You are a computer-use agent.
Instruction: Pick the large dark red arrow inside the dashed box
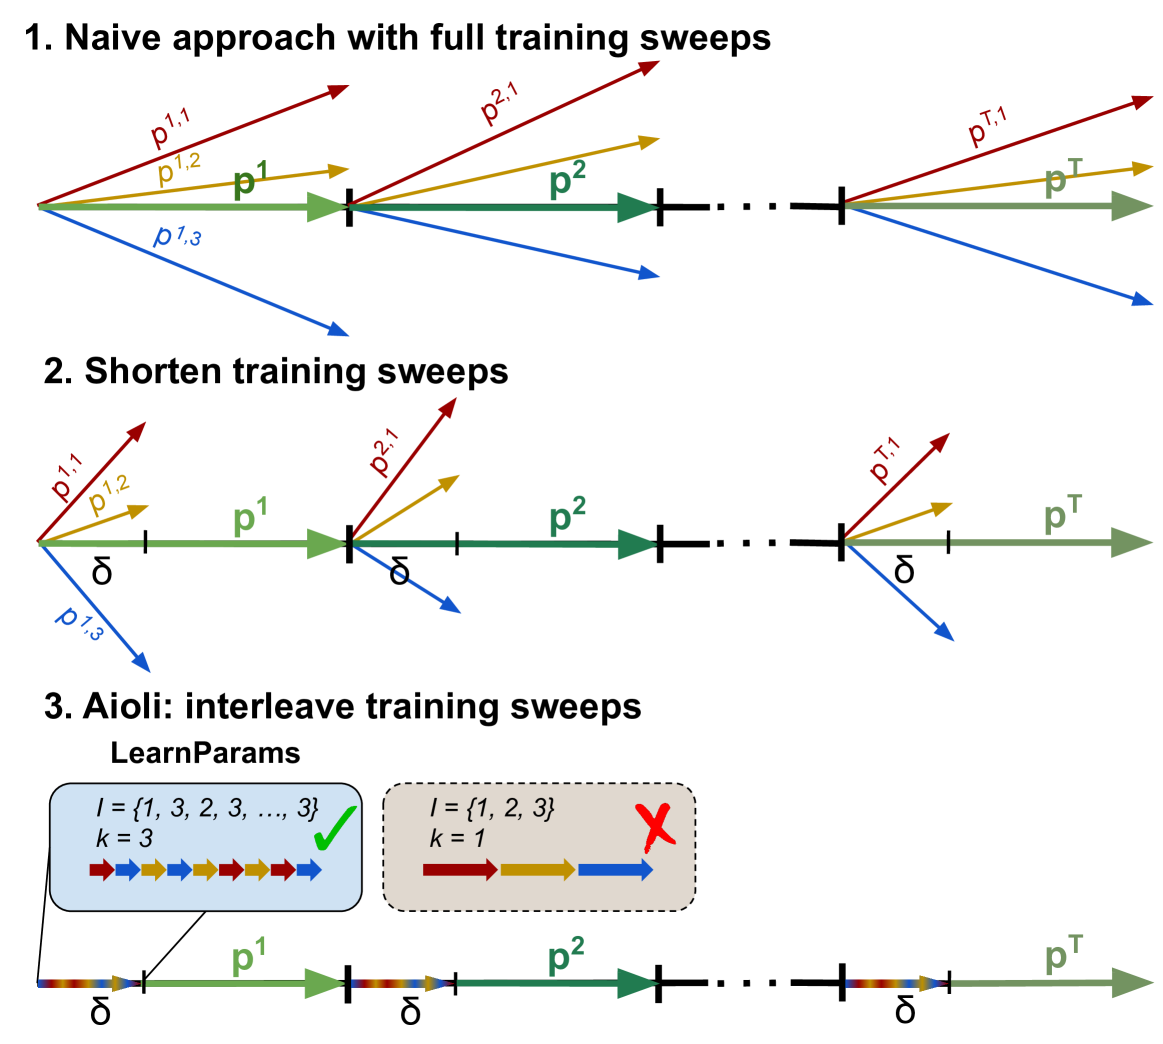460,870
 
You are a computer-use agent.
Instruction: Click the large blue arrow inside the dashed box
615,870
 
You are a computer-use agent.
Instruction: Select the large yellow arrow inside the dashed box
538,870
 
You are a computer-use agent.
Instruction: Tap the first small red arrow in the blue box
102,870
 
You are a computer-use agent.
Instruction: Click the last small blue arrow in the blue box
309,870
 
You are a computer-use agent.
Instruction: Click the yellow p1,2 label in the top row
180,170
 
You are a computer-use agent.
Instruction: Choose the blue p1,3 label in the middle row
78,620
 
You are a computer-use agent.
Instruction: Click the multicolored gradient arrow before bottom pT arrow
895,984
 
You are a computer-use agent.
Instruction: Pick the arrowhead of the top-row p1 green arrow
326,207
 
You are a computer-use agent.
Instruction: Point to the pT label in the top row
1061,181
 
